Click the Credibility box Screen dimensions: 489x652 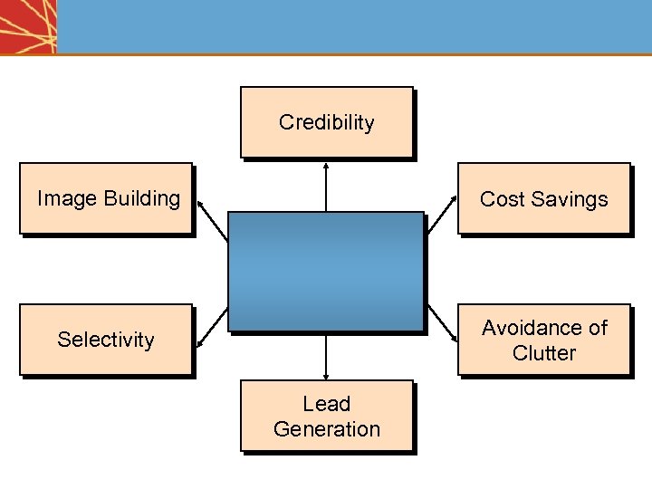click(x=326, y=122)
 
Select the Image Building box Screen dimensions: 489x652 click(x=106, y=198)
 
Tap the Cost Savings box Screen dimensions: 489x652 click(x=543, y=198)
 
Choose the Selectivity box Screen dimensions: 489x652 click(x=106, y=339)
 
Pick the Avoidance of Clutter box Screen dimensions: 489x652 click(x=543, y=339)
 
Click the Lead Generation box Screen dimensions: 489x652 click(x=326, y=416)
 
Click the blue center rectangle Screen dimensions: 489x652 click(x=326, y=271)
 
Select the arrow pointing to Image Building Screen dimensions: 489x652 click(x=212, y=220)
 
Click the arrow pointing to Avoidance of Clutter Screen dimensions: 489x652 click(x=441, y=323)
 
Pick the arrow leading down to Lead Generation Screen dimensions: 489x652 click(x=326, y=356)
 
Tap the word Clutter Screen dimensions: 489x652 click(x=543, y=352)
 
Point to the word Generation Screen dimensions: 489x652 click(x=326, y=428)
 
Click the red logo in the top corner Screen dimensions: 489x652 click(x=27, y=26)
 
